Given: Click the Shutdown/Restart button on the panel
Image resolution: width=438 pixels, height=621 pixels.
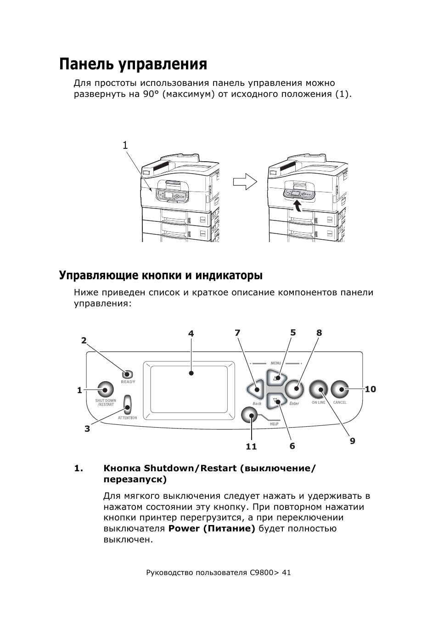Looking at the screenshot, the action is [105, 390].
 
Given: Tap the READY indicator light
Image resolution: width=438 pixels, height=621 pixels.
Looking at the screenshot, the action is [127, 374].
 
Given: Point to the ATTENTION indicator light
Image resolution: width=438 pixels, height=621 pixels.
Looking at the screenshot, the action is [128, 405].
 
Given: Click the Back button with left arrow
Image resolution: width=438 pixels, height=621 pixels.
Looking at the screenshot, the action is [255, 390].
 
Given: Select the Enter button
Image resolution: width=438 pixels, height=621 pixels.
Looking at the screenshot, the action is [295, 389].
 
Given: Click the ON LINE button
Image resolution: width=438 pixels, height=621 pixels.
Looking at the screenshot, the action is [318, 389].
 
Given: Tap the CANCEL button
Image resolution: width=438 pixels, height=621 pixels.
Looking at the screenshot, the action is [340, 389].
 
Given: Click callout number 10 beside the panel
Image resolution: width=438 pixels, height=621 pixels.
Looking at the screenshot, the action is [371, 389].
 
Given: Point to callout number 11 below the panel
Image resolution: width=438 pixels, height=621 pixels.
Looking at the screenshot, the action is [251, 446].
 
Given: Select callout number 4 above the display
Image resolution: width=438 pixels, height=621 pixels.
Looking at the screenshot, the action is [191, 333].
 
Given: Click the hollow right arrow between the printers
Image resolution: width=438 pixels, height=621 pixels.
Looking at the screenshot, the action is [245, 182].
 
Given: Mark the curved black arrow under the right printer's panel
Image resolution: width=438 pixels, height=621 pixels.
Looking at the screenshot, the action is [298, 206].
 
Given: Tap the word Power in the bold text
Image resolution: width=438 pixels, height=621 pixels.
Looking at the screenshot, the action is [184, 529].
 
